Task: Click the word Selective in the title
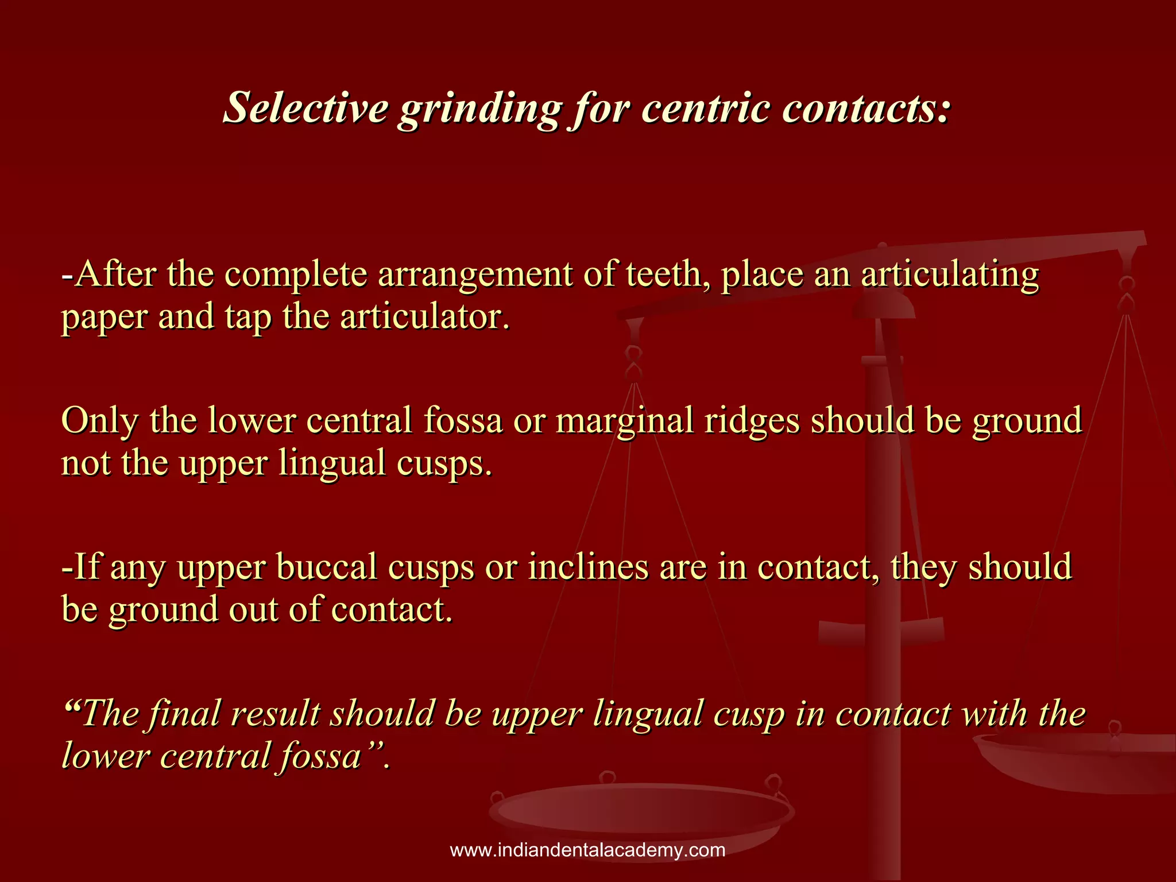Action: [305, 107]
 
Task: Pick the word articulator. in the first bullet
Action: [425, 316]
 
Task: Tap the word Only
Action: [100, 420]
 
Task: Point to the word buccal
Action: [326, 567]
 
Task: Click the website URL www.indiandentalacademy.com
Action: [587, 850]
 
